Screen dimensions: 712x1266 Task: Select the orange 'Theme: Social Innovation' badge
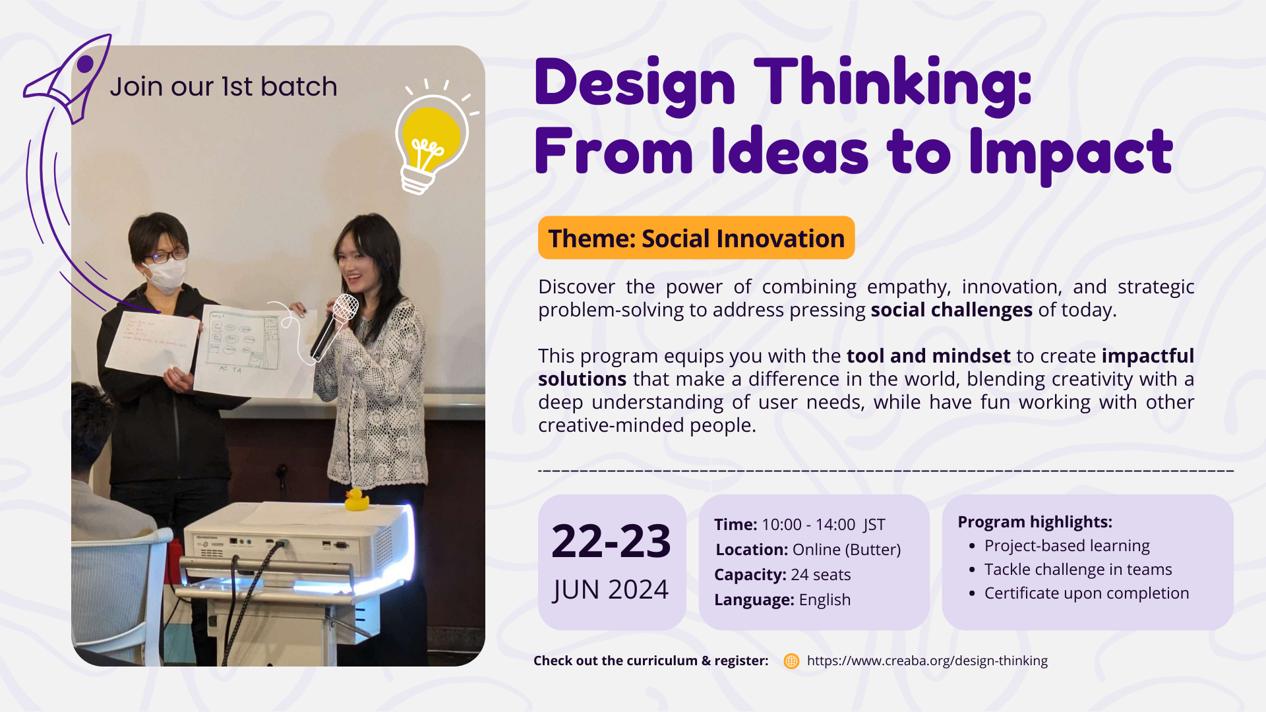click(696, 238)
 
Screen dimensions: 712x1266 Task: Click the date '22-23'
click(611, 541)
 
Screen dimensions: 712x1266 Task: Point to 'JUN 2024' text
click(611, 589)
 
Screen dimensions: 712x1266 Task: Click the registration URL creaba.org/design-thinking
click(927, 661)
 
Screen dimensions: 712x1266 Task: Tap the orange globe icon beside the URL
click(791, 661)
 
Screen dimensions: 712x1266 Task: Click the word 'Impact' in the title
click(1071, 153)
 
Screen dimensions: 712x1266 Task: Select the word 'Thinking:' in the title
click(892, 84)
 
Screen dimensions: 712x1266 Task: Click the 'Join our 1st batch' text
click(224, 86)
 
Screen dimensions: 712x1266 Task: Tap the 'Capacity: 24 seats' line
click(782, 575)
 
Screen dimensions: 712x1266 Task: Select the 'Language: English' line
click(782, 600)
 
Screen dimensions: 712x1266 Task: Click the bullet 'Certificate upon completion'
click(1086, 593)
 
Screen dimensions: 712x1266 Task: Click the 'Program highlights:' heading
click(1035, 522)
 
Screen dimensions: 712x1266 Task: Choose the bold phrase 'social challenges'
click(951, 310)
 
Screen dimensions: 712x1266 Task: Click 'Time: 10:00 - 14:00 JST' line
click(799, 525)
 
